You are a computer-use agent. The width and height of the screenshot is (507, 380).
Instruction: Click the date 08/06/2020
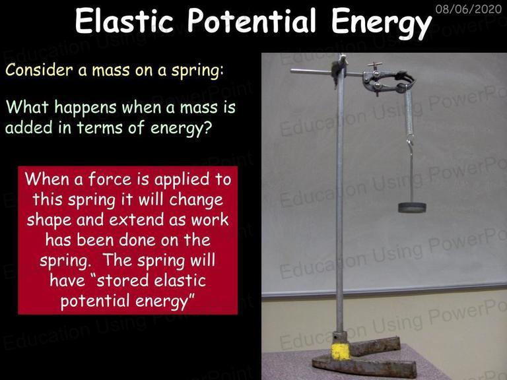[x=469, y=9]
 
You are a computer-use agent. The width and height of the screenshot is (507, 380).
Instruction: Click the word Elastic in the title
[x=124, y=20]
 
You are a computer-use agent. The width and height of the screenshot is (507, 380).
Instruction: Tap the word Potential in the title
[x=252, y=20]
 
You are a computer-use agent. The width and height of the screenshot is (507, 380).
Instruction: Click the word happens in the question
[x=85, y=108]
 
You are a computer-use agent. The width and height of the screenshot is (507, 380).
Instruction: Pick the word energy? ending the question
[x=181, y=128]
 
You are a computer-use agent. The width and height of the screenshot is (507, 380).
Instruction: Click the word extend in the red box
[x=136, y=220]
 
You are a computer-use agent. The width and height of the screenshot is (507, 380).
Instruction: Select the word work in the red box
[x=210, y=220]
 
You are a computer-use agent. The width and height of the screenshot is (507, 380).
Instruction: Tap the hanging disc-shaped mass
[x=412, y=207]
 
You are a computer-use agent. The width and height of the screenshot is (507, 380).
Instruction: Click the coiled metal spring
[x=409, y=112]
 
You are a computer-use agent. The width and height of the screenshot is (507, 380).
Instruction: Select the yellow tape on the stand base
[x=341, y=351]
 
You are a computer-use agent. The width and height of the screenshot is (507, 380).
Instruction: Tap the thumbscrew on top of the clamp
[x=375, y=65]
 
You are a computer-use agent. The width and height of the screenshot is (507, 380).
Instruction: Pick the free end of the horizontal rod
[x=291, y=71]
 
